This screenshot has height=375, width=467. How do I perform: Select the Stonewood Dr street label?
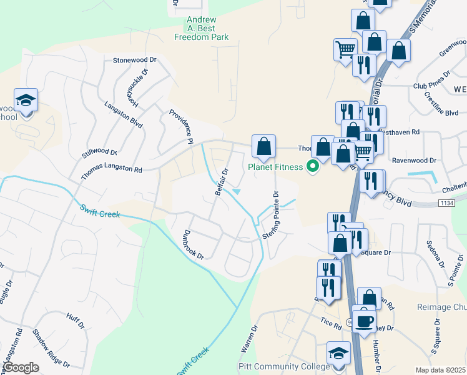[x=133, y=61]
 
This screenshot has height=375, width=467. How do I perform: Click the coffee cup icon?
[x=365, y=321]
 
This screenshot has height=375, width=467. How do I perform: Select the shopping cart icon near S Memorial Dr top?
[x=345, y=49]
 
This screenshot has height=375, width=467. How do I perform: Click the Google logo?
[x=20, y=367]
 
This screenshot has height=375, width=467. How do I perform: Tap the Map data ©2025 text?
[x=440, y=370]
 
